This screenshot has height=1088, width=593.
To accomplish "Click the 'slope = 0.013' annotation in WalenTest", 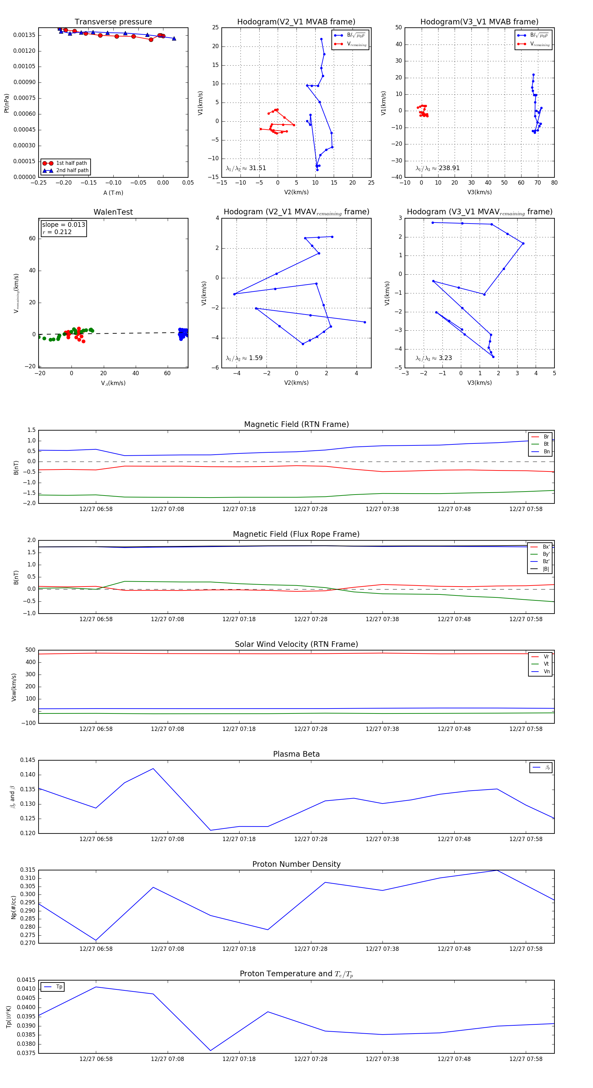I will [63, 225].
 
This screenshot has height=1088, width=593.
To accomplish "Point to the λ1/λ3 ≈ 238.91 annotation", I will [438, 168].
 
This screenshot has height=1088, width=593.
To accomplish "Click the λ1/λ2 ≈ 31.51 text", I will [246, 168].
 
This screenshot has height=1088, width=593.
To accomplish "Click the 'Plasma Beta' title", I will [296, 754].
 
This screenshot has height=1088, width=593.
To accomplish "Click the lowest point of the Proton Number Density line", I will [96, 941].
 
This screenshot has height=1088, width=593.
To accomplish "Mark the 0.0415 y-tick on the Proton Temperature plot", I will [26, 980].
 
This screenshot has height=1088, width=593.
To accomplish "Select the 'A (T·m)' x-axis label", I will [113, 193].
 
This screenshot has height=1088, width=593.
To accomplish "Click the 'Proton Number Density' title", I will [296, 864].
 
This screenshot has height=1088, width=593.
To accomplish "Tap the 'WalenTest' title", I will [113, 212].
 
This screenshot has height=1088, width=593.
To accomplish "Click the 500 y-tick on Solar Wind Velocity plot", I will [30, 650].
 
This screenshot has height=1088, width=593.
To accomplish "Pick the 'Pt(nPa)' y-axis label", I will [6, 103].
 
